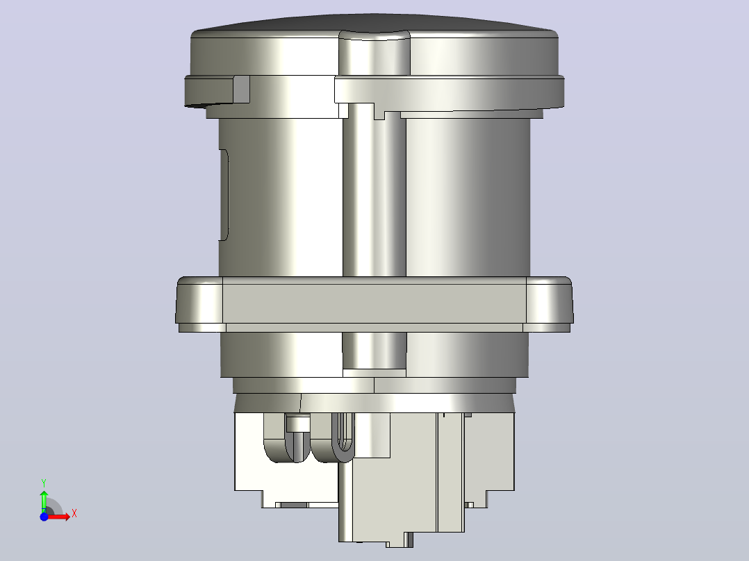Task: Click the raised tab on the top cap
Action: click(x=374, y=53)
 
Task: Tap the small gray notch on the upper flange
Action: click(x=241, y=90)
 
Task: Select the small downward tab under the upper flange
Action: click(x=379, y=115)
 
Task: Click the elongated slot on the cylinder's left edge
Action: click(x=224, y=195)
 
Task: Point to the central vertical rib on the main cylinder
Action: click(x=374, y=191)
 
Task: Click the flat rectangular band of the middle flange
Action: click(x=374, y=303)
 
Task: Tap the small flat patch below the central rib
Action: click(x=374, y=373)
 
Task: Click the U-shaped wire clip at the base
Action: click(x=344, y=437)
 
